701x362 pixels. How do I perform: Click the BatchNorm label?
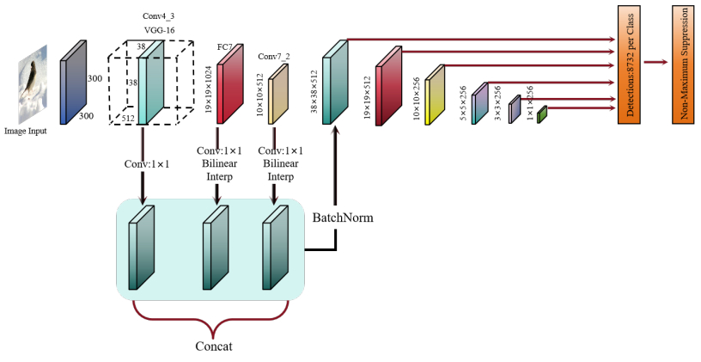343,218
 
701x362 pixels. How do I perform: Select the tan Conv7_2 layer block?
278,99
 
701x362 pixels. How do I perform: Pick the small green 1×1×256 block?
542,114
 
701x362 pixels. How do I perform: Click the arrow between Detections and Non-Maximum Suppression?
656,62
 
